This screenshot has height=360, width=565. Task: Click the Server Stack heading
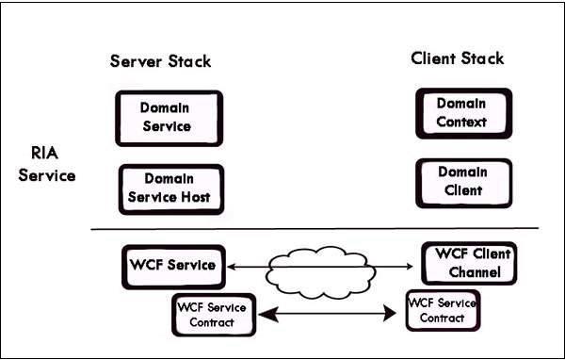point(161,62)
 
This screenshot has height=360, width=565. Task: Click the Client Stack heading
point(458,58)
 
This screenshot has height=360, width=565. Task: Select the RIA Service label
point(46,162)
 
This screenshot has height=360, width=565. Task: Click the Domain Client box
point(464,182)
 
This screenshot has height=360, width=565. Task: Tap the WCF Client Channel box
point(469,265)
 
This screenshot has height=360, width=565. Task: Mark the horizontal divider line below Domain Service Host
point(315,229)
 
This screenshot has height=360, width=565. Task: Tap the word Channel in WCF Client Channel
point(475,273)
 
